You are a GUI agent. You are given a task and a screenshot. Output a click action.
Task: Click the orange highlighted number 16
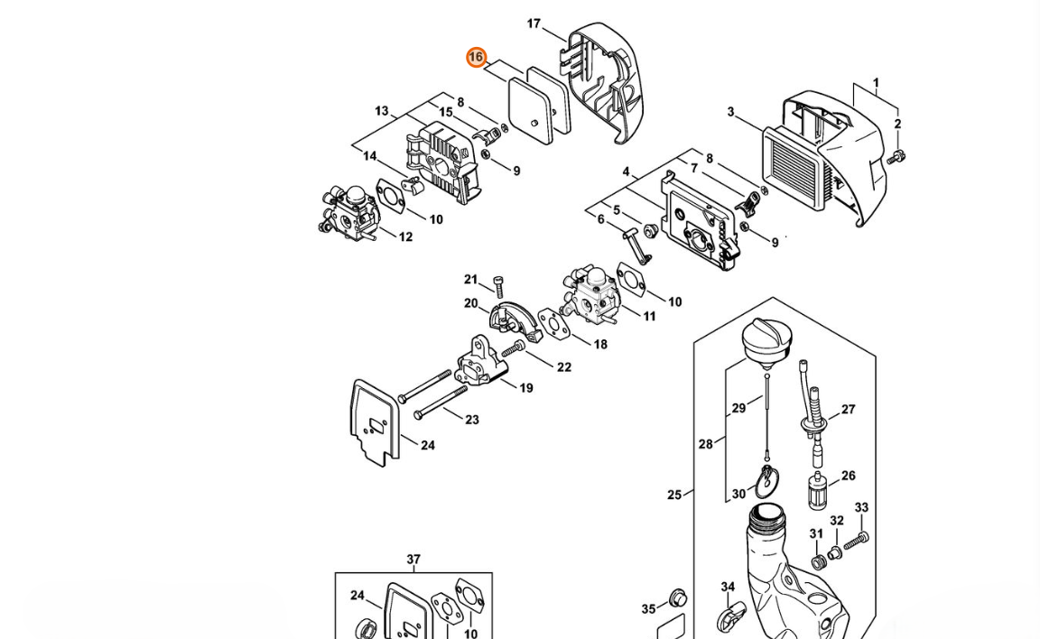pos(476,58)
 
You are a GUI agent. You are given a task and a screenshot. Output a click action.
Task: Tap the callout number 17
pos(534,24)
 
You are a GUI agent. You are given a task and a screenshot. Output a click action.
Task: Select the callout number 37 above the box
pos(413,560)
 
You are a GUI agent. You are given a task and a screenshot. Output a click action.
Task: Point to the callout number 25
pos(674,495)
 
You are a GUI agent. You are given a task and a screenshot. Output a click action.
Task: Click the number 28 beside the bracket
pos(706,443)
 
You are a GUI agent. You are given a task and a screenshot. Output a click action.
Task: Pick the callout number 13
pos(382,112)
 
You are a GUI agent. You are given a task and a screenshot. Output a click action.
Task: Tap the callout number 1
pos(876,84)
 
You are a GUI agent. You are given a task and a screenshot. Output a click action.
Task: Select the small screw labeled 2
pos(895,158)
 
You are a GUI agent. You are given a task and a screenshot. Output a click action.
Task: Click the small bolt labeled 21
pos(498,287)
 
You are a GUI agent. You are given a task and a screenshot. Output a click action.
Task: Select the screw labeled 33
pos(856,541)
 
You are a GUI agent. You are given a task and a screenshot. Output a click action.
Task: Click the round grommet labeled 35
pos(677,598)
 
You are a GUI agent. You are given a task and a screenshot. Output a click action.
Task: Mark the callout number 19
pos(525,388)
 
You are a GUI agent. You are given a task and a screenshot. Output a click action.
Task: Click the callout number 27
pos(848,410)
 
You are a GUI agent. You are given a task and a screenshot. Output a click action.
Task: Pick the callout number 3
pos(730,113)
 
